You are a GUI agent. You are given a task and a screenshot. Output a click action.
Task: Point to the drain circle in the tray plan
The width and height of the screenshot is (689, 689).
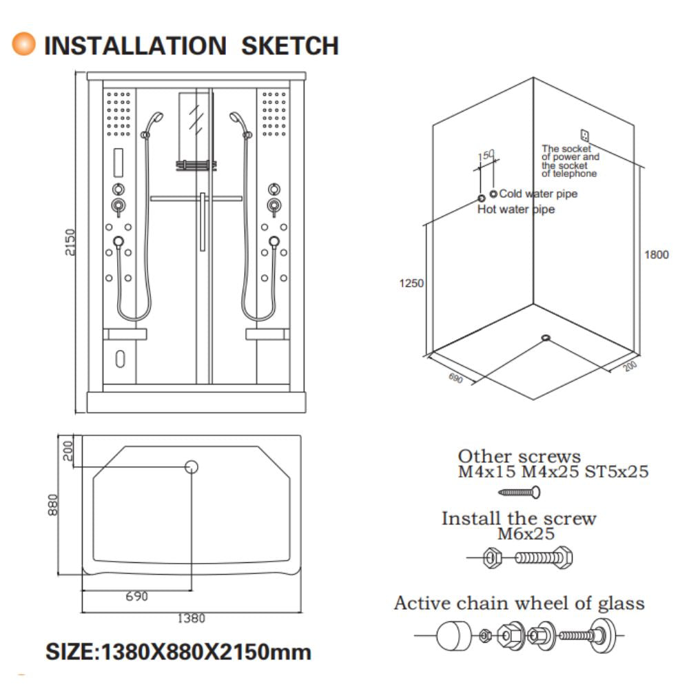192,467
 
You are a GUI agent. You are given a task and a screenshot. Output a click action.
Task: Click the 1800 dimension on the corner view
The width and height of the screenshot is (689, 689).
656,254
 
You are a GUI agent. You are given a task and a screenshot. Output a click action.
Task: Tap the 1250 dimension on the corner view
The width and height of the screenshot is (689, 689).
411,282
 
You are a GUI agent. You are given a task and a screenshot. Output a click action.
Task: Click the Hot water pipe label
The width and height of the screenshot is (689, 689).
515,209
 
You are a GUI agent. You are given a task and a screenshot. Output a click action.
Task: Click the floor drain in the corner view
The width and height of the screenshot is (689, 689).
546,337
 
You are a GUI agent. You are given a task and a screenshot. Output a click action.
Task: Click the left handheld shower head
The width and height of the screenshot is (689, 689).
155,120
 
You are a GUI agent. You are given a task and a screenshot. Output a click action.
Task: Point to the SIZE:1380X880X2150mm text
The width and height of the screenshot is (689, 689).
178,651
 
